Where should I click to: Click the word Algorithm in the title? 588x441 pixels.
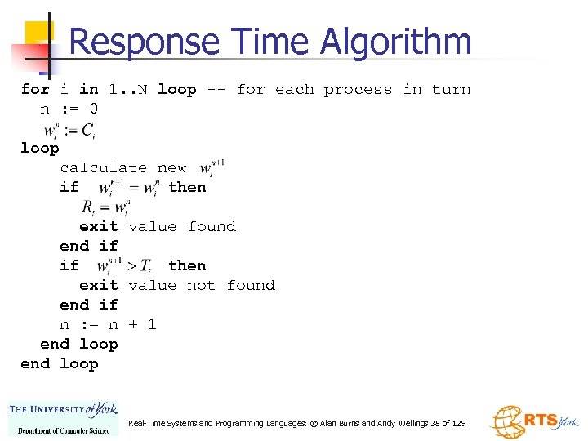point(397,42)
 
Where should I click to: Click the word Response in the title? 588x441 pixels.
point(145,42)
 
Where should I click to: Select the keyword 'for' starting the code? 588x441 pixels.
point(35,89)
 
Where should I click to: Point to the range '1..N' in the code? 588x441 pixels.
point(128,89)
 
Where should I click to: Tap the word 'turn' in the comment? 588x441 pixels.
point(452,89)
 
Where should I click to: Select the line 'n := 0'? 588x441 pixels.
point(69,109)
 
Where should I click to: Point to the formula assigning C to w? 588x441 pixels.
point(73,130)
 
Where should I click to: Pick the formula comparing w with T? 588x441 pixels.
point(125,265)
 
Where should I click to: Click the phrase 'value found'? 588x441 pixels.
point(182,226)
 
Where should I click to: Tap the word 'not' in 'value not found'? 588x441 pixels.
point(202,285)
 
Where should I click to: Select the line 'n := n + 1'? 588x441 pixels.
point(108,324)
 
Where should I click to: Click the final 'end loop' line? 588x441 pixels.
point(60,363)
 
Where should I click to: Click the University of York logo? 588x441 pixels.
point(64,418)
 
